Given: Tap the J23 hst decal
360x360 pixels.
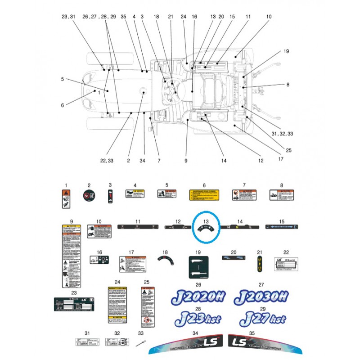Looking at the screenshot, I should (198, 319).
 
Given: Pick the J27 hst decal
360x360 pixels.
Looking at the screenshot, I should (262, 319).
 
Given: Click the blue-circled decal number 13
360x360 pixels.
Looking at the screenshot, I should (206, 229).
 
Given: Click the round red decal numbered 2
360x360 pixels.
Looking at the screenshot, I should (89, 196).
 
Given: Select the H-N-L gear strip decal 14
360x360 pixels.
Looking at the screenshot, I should (240, 228).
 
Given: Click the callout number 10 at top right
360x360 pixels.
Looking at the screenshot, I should (269, 17).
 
